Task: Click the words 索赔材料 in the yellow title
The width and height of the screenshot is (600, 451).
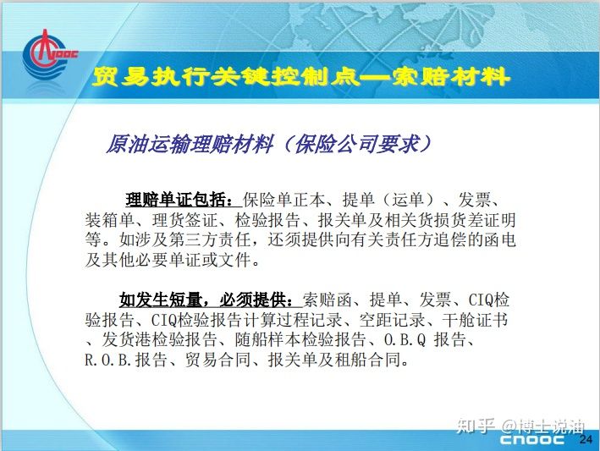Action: (x=450, y=76)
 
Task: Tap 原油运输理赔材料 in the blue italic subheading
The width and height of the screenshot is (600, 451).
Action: (x=190, y=144)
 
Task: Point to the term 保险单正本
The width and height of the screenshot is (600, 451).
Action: (x=284, y=200)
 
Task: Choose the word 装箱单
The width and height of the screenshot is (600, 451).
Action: (x=110, y=220)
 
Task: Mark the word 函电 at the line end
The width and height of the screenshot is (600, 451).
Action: (x=500, y=239)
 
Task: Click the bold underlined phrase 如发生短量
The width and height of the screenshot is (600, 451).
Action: (x=161, y=300)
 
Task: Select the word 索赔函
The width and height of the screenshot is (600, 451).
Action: (x=328, y=300)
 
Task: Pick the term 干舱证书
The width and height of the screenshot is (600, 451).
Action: (x=476, y=320)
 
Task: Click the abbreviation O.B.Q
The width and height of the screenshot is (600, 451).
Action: (x=405, y=339)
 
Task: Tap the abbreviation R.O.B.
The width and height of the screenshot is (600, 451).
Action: (x=108, y=360)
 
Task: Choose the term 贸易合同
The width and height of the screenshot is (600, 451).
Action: (x=217, y=360)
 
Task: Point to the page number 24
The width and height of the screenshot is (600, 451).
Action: (x=586, y=439)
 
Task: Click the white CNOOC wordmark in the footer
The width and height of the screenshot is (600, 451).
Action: (x=532, y=439)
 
